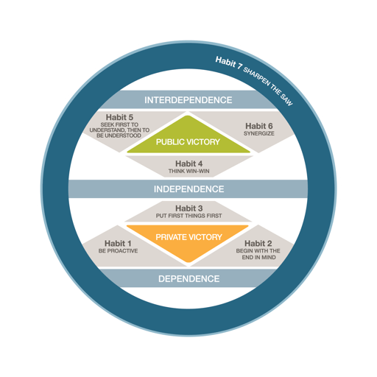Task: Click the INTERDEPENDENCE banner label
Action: [188, 100]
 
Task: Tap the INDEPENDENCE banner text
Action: [188, 189]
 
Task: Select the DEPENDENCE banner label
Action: [188, 279]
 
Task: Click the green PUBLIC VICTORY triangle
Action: [188, 138]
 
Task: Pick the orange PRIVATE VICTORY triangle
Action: [188, 241]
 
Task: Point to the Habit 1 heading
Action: [118, 244]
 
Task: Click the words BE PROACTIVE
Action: [118, 251]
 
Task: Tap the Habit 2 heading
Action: [258, 244]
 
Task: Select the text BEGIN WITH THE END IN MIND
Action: [258, 254]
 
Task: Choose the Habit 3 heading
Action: [189, 208]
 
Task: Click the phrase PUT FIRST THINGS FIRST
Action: [188, 216]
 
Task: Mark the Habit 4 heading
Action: [189, 163]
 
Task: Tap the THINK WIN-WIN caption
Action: [188, 171]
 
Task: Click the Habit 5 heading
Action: [119, 117]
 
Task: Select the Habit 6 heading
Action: [259, 126]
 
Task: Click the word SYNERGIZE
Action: [259, 133]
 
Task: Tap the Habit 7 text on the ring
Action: [229, 63]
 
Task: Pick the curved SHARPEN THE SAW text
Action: [268, 86]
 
